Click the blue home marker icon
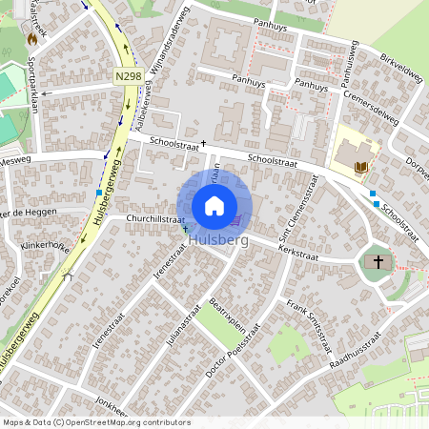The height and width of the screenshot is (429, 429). point(214,205)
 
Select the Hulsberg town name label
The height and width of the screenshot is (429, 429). point(218,241)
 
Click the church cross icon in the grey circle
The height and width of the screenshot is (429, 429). point(378,261)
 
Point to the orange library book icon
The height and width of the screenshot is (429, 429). point(360,169)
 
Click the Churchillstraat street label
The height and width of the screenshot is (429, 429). point(155,218)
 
